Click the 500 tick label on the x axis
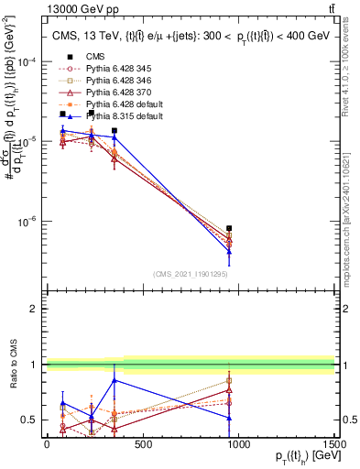tap(142, 445)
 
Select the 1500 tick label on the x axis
tap(333, 445)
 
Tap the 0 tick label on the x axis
tap(47, 445)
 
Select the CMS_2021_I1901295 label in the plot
tap(190, 274)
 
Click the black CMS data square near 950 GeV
tap(229, 228)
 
